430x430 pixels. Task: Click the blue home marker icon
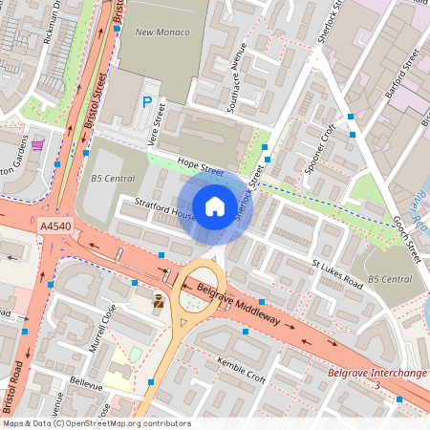pos(215,205)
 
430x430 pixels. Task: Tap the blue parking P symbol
pos(147,101)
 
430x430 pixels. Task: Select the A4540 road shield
pos(55,226)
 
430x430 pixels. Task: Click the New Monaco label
pos(162,32)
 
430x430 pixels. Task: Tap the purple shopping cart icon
pos(37,145)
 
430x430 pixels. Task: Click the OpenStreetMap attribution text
pos(96,423)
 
